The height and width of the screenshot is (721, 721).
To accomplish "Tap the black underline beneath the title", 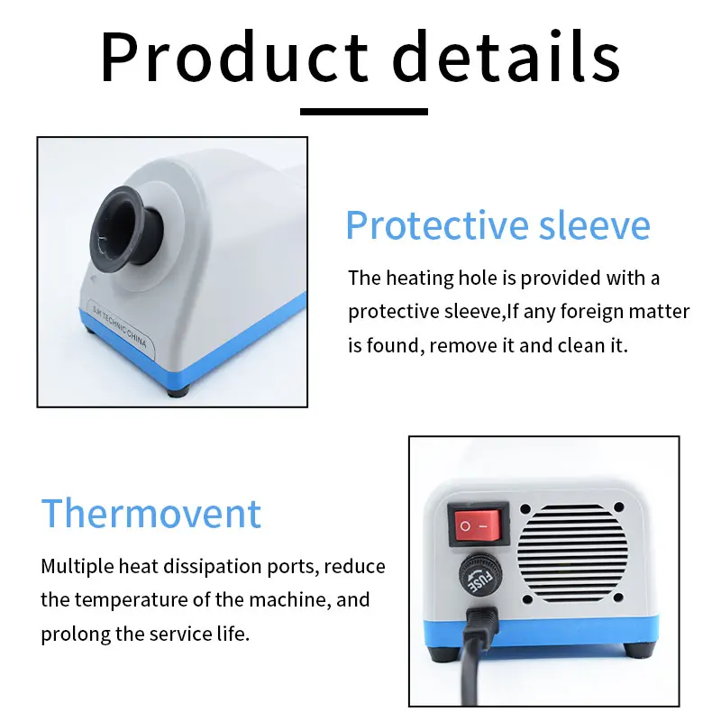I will coord(363,112).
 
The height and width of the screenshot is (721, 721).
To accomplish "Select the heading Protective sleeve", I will coord(497,224).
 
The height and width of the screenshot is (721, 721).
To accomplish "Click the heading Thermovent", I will coord(151,513).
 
